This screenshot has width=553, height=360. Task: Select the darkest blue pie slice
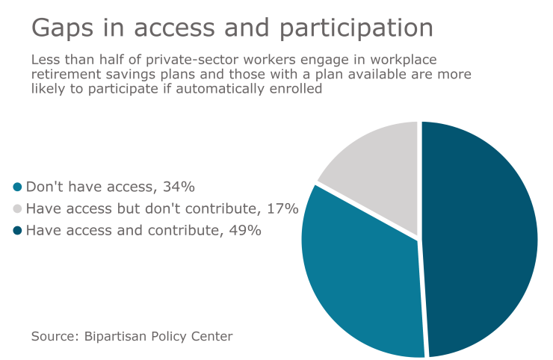[x=478, y=239]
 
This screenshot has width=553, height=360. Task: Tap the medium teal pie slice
[x=359, y=284]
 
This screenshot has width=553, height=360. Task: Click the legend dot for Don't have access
[x=18, y=187]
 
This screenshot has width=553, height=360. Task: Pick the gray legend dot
[x=18, y=209]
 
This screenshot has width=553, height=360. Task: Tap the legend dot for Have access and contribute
[x=18, y=231]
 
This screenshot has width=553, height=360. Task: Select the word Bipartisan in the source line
[x=116, y=336]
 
